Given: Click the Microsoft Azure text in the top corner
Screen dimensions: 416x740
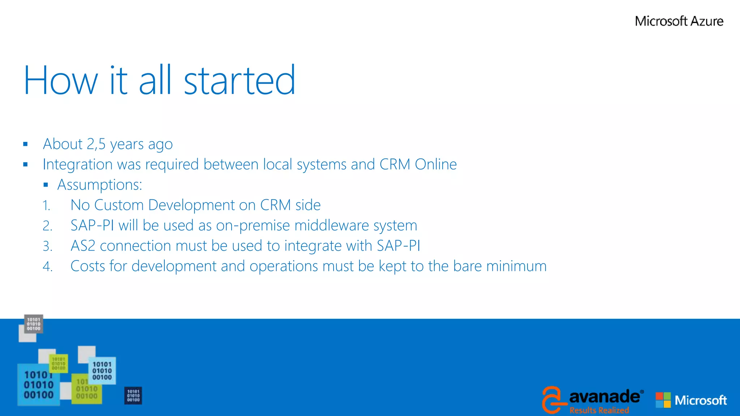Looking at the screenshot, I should tap(679, 21).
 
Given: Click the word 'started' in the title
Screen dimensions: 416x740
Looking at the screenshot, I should tap(240, 80).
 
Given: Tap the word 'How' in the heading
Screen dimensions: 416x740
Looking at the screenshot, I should tap(61, 80).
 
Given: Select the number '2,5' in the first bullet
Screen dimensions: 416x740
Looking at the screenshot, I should tap(96, 144).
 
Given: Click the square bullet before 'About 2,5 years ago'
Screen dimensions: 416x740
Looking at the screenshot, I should tap(25, 144).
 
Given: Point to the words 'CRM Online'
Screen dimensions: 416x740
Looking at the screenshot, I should tap(418, 164).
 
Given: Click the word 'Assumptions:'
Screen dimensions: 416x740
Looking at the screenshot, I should tap(100, 185).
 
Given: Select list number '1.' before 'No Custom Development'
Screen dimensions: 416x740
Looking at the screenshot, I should tap(46, 205).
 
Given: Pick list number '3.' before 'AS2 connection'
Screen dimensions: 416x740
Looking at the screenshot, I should tap(47, 246).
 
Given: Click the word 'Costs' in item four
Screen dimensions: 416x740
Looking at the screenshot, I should tap(87, 266).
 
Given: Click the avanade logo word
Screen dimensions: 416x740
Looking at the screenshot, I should tap(604, 397).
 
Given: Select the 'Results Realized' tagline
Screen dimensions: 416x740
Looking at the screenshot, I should tap(599, 410).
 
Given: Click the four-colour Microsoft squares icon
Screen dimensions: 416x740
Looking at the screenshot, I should tap(663, 400).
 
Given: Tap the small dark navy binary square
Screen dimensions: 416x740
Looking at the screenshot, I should tap(133, 396).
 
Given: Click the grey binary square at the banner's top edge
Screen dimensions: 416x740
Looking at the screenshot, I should tap(34, 324).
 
